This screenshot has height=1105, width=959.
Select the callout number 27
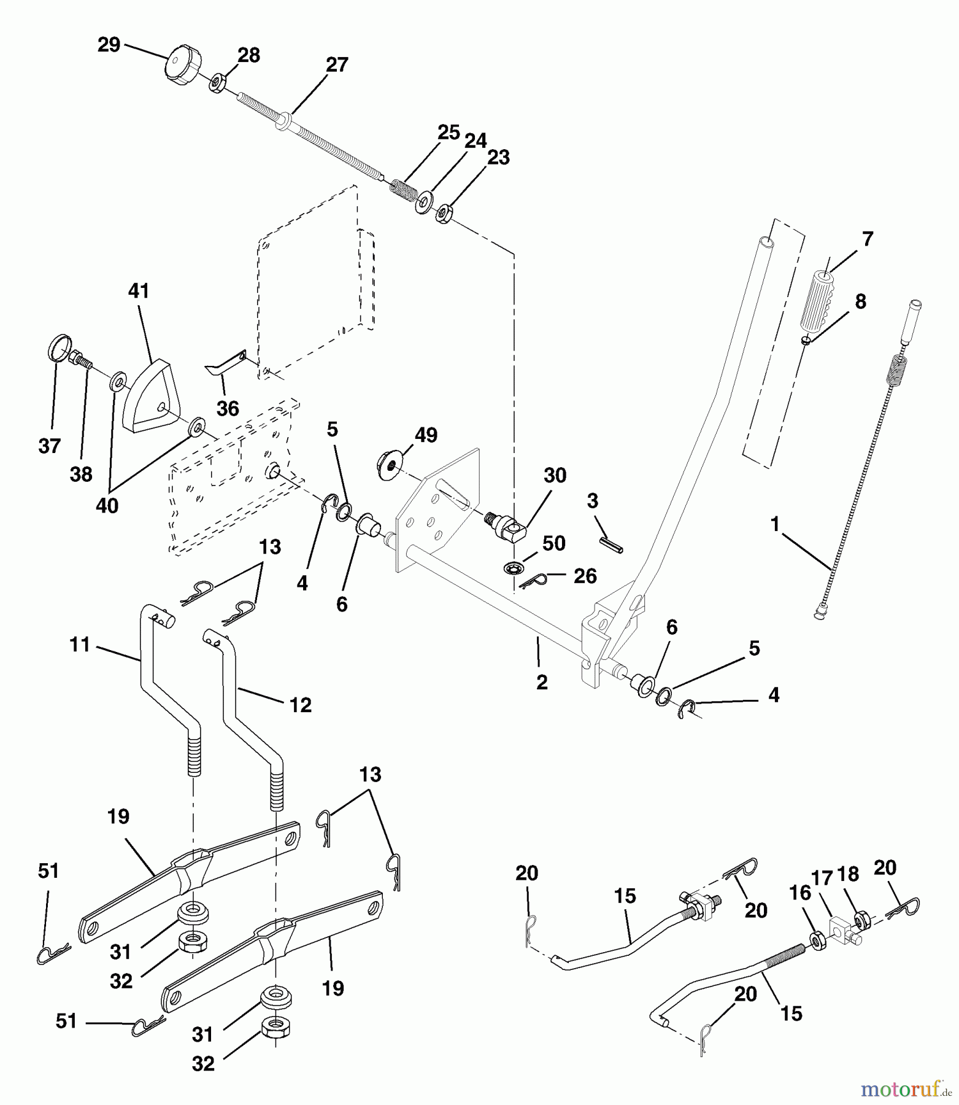337,64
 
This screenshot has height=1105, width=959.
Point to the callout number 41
139,291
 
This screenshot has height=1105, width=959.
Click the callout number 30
555,475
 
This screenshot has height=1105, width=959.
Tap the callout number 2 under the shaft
542,683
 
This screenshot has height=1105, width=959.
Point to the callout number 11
80,645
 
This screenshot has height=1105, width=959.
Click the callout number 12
301,705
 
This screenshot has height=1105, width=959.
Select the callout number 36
228,408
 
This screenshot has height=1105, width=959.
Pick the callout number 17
822,878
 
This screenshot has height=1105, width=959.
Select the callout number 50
554,543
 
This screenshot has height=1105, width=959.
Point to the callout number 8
861,301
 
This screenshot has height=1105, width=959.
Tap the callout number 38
82,474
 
